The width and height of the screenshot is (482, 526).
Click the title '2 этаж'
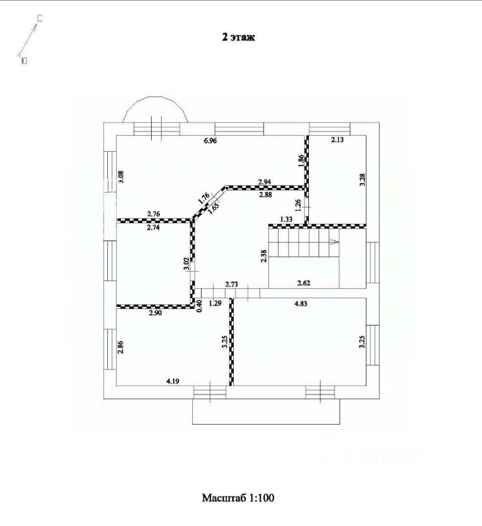click(238, 37)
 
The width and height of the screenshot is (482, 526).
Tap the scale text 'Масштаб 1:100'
click(238, 498)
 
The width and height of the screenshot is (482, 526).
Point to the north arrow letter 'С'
click(39, 19)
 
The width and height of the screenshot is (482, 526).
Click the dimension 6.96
click(210, 141)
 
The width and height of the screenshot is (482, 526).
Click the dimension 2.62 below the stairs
click(304, 283)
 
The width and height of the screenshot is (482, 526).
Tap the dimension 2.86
click(121, 349)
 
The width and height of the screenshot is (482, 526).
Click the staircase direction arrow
click(334, 241)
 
